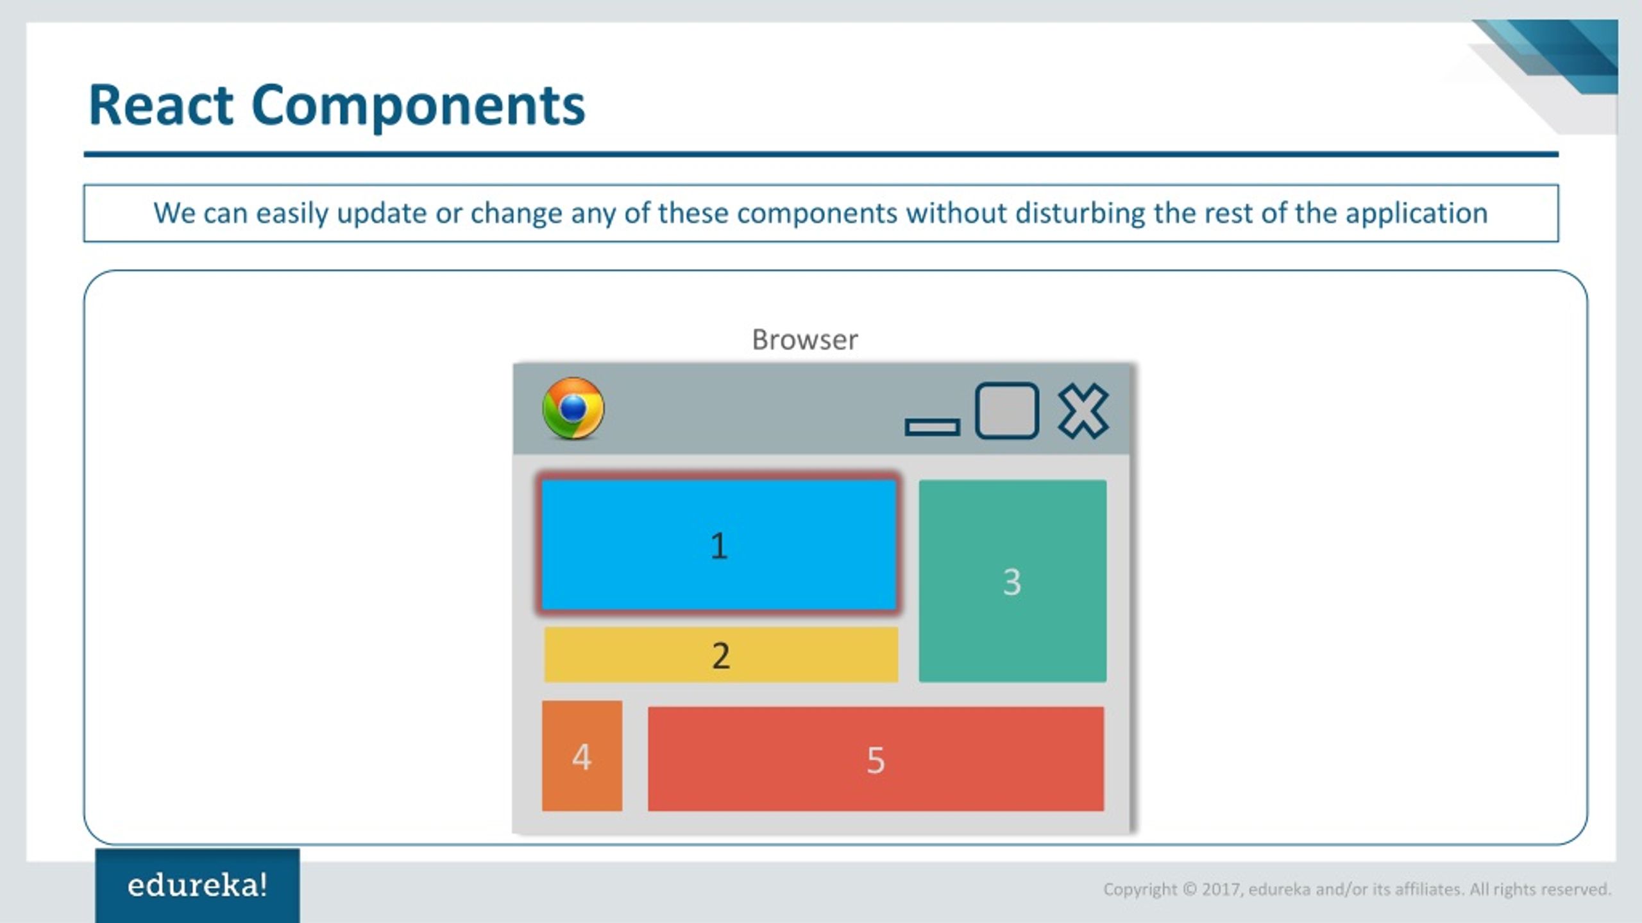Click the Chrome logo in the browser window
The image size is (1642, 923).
tap(573, 408)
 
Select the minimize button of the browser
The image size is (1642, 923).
tap(932, 427)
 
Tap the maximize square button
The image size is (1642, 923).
tap(1007, 411)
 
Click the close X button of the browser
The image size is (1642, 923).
tap(1083, 411)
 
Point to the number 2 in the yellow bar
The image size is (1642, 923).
tap(721, 656)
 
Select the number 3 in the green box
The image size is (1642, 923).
tap(1012, 582)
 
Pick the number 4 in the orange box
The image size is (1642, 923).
tap(582, 757)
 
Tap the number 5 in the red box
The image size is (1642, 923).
tap(876, 760)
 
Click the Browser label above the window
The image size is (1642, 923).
tap(805, 340)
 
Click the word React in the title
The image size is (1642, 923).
tap(161, 105)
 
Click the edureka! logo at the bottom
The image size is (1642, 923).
tap(198, 885)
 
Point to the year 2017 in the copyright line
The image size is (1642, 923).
tap(1222, 890)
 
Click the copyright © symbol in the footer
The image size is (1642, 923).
tap(1190, 890)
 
